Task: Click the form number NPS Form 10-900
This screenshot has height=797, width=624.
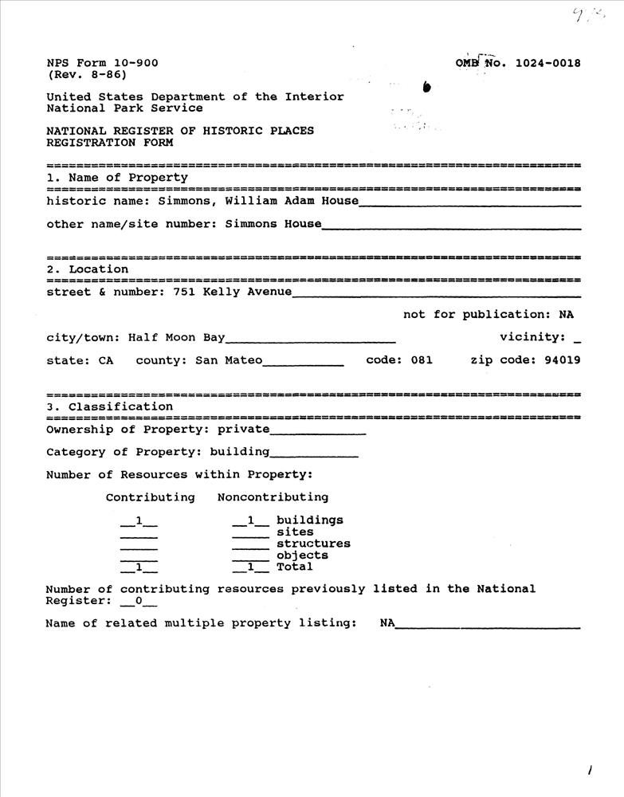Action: coord(102,64)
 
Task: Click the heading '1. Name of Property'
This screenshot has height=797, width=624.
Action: coord(117,178)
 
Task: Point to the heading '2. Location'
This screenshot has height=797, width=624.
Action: coord(88,269)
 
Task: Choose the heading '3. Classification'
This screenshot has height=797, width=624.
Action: coord(110,406)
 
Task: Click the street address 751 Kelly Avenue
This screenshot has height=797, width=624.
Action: coord(232,292)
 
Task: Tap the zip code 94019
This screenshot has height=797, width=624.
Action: coord(562,360)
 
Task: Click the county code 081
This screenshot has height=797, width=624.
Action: coord(422,360)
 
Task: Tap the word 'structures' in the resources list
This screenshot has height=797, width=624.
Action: coord(313,544)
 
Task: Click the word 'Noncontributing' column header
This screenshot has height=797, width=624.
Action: coord(273,497)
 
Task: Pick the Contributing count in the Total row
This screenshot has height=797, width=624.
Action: coord(139,567)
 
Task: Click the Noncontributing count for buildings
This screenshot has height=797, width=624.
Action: coord(250,520)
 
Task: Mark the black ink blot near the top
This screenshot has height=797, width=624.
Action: coord(427,87)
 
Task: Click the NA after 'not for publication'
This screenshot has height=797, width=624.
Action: coord(566,315)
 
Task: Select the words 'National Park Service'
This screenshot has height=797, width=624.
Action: coord(124,108)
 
